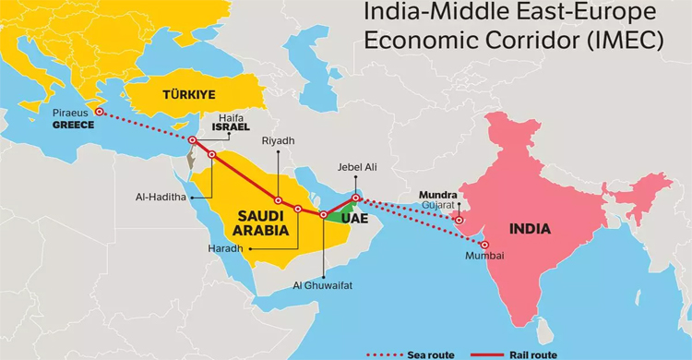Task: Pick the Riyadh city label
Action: tap(278, 140)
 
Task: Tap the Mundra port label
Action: tap(437, 195)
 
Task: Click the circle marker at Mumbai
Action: tap(485, 245)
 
